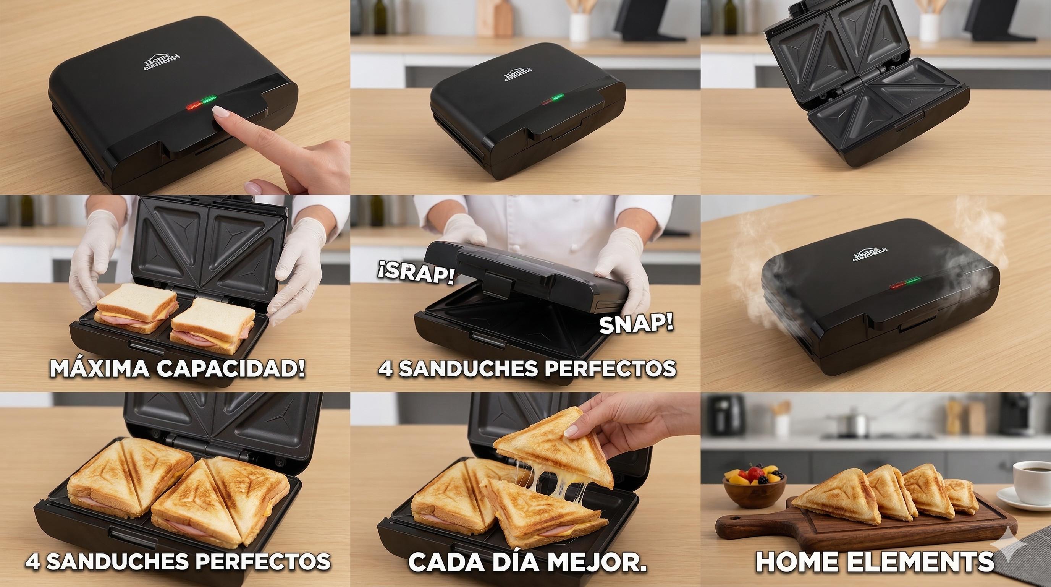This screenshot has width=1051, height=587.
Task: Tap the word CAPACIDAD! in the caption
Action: pyautogui.click(x=231, y=368)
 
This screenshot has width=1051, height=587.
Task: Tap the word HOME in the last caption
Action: pyautogui.click(x=800, y=562)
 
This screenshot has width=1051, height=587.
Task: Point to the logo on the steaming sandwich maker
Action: pyautogui.click(x=870, y=254)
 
